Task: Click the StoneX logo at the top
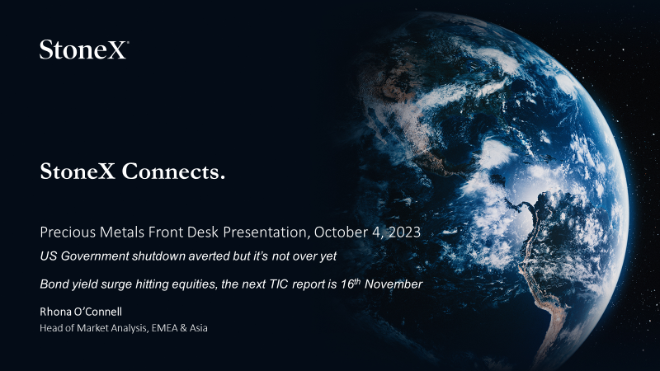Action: (x=84, y=49)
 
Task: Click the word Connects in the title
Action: (x=173, y=171)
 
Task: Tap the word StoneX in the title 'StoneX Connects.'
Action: (x=78, y=171)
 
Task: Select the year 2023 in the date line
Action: (x=404, y=232)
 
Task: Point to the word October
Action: (x=341, y=232)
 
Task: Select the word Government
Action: (x=95, y=256)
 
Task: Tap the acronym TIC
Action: (x=279, y=284)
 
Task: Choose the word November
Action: (x=394, y=284)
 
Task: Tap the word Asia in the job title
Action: (x=198, y=328)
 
